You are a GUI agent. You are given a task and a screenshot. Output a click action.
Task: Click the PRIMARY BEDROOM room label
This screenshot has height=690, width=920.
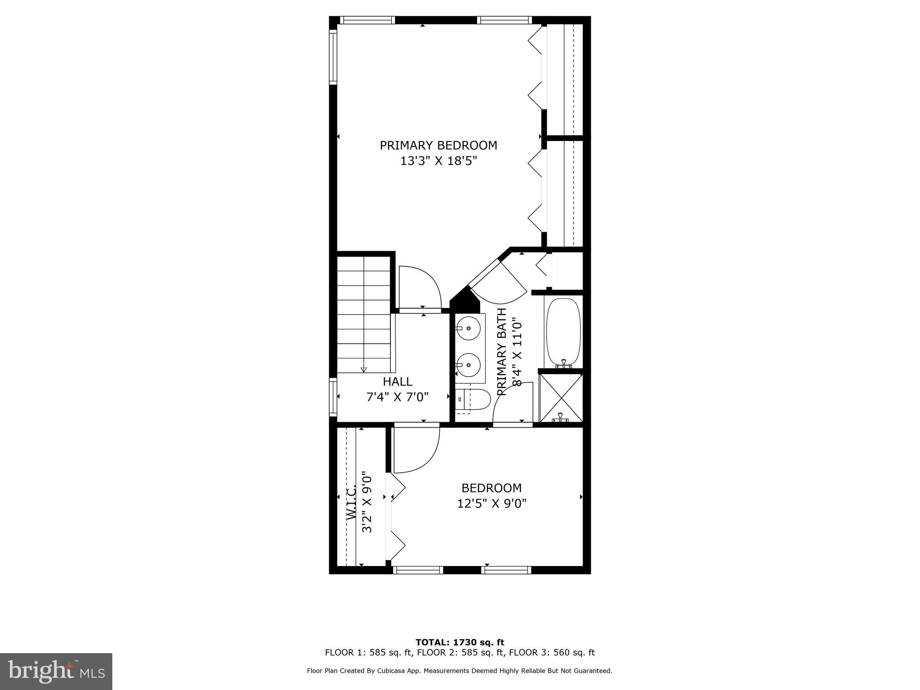(438, 146)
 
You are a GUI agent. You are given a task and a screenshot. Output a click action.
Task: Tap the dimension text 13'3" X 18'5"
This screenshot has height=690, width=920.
(438, 161)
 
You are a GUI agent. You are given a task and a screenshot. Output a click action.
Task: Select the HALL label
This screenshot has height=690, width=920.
(398, 382)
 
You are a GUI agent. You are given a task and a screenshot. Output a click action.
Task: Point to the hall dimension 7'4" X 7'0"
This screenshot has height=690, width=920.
(398, 397)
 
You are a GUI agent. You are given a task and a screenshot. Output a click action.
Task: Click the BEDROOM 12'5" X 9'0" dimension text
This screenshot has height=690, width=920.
(491, 503)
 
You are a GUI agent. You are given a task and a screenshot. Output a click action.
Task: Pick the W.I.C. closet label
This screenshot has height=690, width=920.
(352, 503)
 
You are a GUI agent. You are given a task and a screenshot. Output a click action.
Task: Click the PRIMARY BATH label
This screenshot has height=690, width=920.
(502, 352)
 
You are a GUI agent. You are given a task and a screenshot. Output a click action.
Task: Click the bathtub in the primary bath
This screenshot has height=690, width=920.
(563, 332)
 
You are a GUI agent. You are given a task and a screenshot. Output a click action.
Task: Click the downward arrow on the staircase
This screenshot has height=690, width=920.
(364, 369)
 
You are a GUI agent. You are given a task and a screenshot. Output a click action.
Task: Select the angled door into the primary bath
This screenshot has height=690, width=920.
(499, 282)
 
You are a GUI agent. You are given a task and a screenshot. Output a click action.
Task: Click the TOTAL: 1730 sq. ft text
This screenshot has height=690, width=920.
(460, 642)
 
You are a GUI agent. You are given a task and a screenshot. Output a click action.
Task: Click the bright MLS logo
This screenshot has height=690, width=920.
(56, 671)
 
